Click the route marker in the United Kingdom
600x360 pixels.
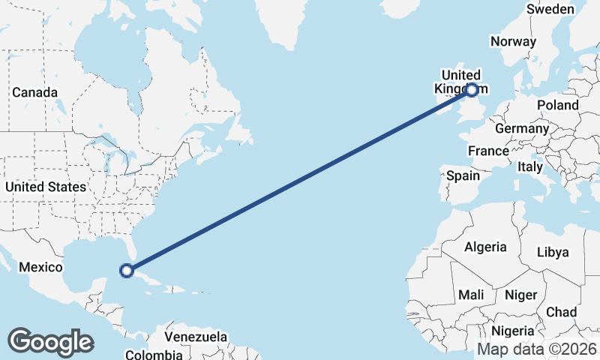click(x=472, y=90)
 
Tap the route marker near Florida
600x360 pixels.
click(x=127, y=270)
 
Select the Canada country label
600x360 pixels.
click(x=34, y=92)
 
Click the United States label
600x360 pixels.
click(x=45, y=186)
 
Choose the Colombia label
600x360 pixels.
click(x=153, y=354)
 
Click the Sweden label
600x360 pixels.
click(x=550, y=9)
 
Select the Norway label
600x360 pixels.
click(x=513, y=41)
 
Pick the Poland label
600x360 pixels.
click(x=557, y=106)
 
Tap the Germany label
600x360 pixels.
click(x=522, y=128)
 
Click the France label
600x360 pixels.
click(x=488, y=151)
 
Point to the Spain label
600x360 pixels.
click(x=463, y=175)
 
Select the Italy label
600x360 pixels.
click(x=529, y=167)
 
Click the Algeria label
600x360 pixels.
click(x=485, y=246)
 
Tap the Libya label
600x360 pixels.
click(x=553, y=252)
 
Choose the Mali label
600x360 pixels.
click(x=471, y=295)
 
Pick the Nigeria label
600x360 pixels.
click(x=513, y=330)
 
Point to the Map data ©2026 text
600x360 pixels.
click(x=536, y=349)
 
